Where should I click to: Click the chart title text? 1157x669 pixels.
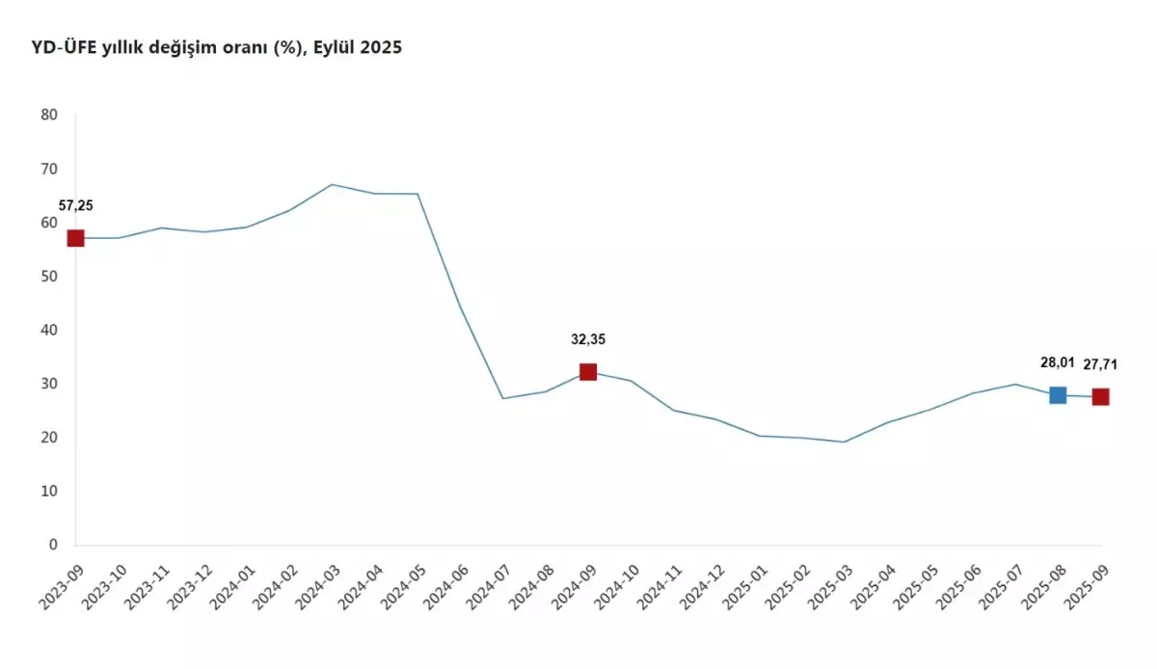click(217, 47)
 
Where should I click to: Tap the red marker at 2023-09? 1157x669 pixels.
click(75, 238)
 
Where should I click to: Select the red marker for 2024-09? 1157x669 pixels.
click(588, 372)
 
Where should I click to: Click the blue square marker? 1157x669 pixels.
click(1058, 395)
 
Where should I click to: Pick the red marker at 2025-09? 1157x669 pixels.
click(1100, 397)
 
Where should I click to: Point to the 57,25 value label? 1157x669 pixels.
click(76, 205)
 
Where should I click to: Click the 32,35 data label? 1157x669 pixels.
click(588, 339)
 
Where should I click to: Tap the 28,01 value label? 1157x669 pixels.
click(1058, 362)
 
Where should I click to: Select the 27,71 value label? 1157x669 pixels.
click(1100, 364)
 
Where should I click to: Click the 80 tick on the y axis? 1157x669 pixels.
click(49, 115)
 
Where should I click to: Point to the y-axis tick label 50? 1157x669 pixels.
click(49, 277)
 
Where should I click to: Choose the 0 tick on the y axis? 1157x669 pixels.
click(54, 545)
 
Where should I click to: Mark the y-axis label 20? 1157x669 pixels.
click(49, 438)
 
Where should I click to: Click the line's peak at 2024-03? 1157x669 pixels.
click(332, 184)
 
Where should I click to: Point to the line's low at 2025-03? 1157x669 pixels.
click(844, 442)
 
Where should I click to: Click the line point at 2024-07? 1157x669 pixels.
click(502, 398)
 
